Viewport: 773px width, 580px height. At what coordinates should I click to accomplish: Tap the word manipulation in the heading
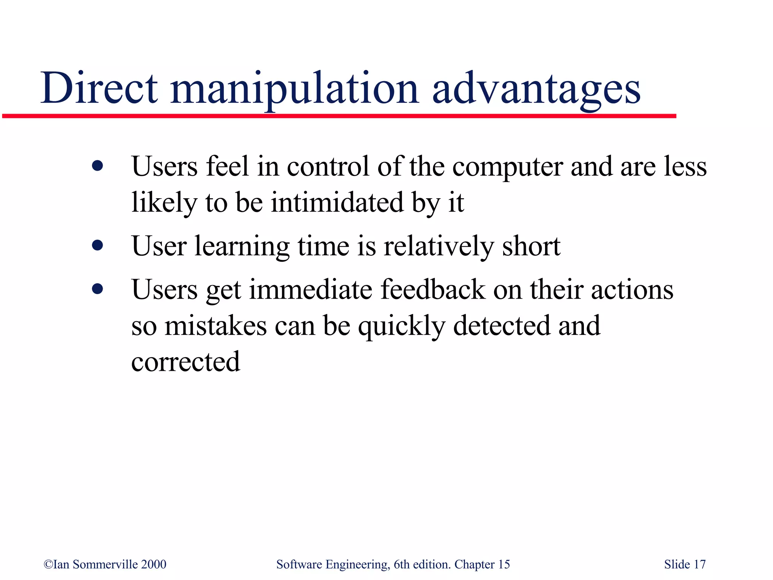click(294, 89)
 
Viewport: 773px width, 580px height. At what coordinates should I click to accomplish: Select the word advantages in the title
click(536, 89)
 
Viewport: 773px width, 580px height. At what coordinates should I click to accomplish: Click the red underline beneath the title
click(340, 116)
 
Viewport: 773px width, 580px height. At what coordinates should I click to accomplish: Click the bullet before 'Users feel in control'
click(97, 166)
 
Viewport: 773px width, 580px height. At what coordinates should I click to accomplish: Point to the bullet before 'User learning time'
click(97, 246)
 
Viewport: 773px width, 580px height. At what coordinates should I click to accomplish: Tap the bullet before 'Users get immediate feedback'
click(97, 289)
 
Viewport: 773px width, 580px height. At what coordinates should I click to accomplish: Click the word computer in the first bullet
click(508, 167)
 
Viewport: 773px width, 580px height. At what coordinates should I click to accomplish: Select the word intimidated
click(337, 202)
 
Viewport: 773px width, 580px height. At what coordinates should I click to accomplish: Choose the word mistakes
click(216, 325)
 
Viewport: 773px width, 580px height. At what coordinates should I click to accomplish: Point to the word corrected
click(186, 361)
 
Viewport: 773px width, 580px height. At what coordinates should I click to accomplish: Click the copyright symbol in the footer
click(48, 564)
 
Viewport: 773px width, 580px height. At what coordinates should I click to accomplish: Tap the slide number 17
click(700, 564)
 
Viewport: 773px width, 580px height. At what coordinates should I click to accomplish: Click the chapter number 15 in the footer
click(504, 564)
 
